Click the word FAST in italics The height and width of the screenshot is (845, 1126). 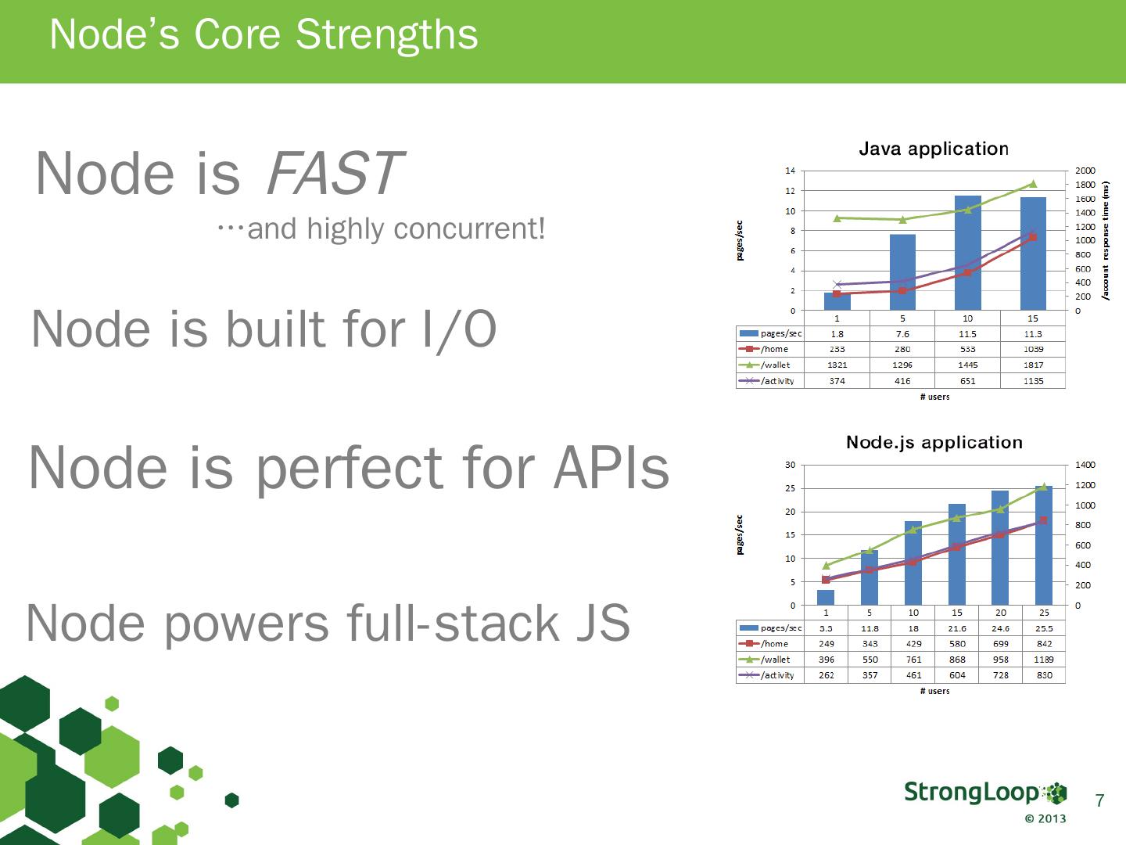[x=335, y=174]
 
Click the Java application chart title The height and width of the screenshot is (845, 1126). [x=934, y=149]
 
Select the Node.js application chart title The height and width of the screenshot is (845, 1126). [x=934, y=442]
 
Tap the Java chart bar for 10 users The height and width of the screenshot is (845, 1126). [x=967, y=253]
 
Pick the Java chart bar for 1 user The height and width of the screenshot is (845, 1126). [x=837, y=301]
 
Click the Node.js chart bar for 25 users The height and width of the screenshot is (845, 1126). [x=1044, y=545]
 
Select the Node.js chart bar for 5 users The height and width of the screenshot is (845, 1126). [x=870, y=577]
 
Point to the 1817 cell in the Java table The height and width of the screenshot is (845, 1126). [x=1033, y=365]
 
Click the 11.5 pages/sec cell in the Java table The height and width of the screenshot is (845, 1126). [x=967, y=333]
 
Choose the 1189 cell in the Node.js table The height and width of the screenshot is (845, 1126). [x=1044, y=660]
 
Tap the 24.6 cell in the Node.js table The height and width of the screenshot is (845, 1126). [x=1000, y=628]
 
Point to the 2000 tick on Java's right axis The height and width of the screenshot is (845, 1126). [x=1085, y=171]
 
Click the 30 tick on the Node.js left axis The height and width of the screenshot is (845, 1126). [x=790, y=465]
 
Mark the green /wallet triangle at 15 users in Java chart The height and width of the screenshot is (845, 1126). [x=1033, y=184]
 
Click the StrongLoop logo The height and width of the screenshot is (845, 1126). [x=985, y=793]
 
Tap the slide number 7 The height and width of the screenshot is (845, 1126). [x=1099, y=800]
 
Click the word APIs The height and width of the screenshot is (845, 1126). [x=611, y=468]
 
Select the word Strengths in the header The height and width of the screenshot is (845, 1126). [x=387, y=34]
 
